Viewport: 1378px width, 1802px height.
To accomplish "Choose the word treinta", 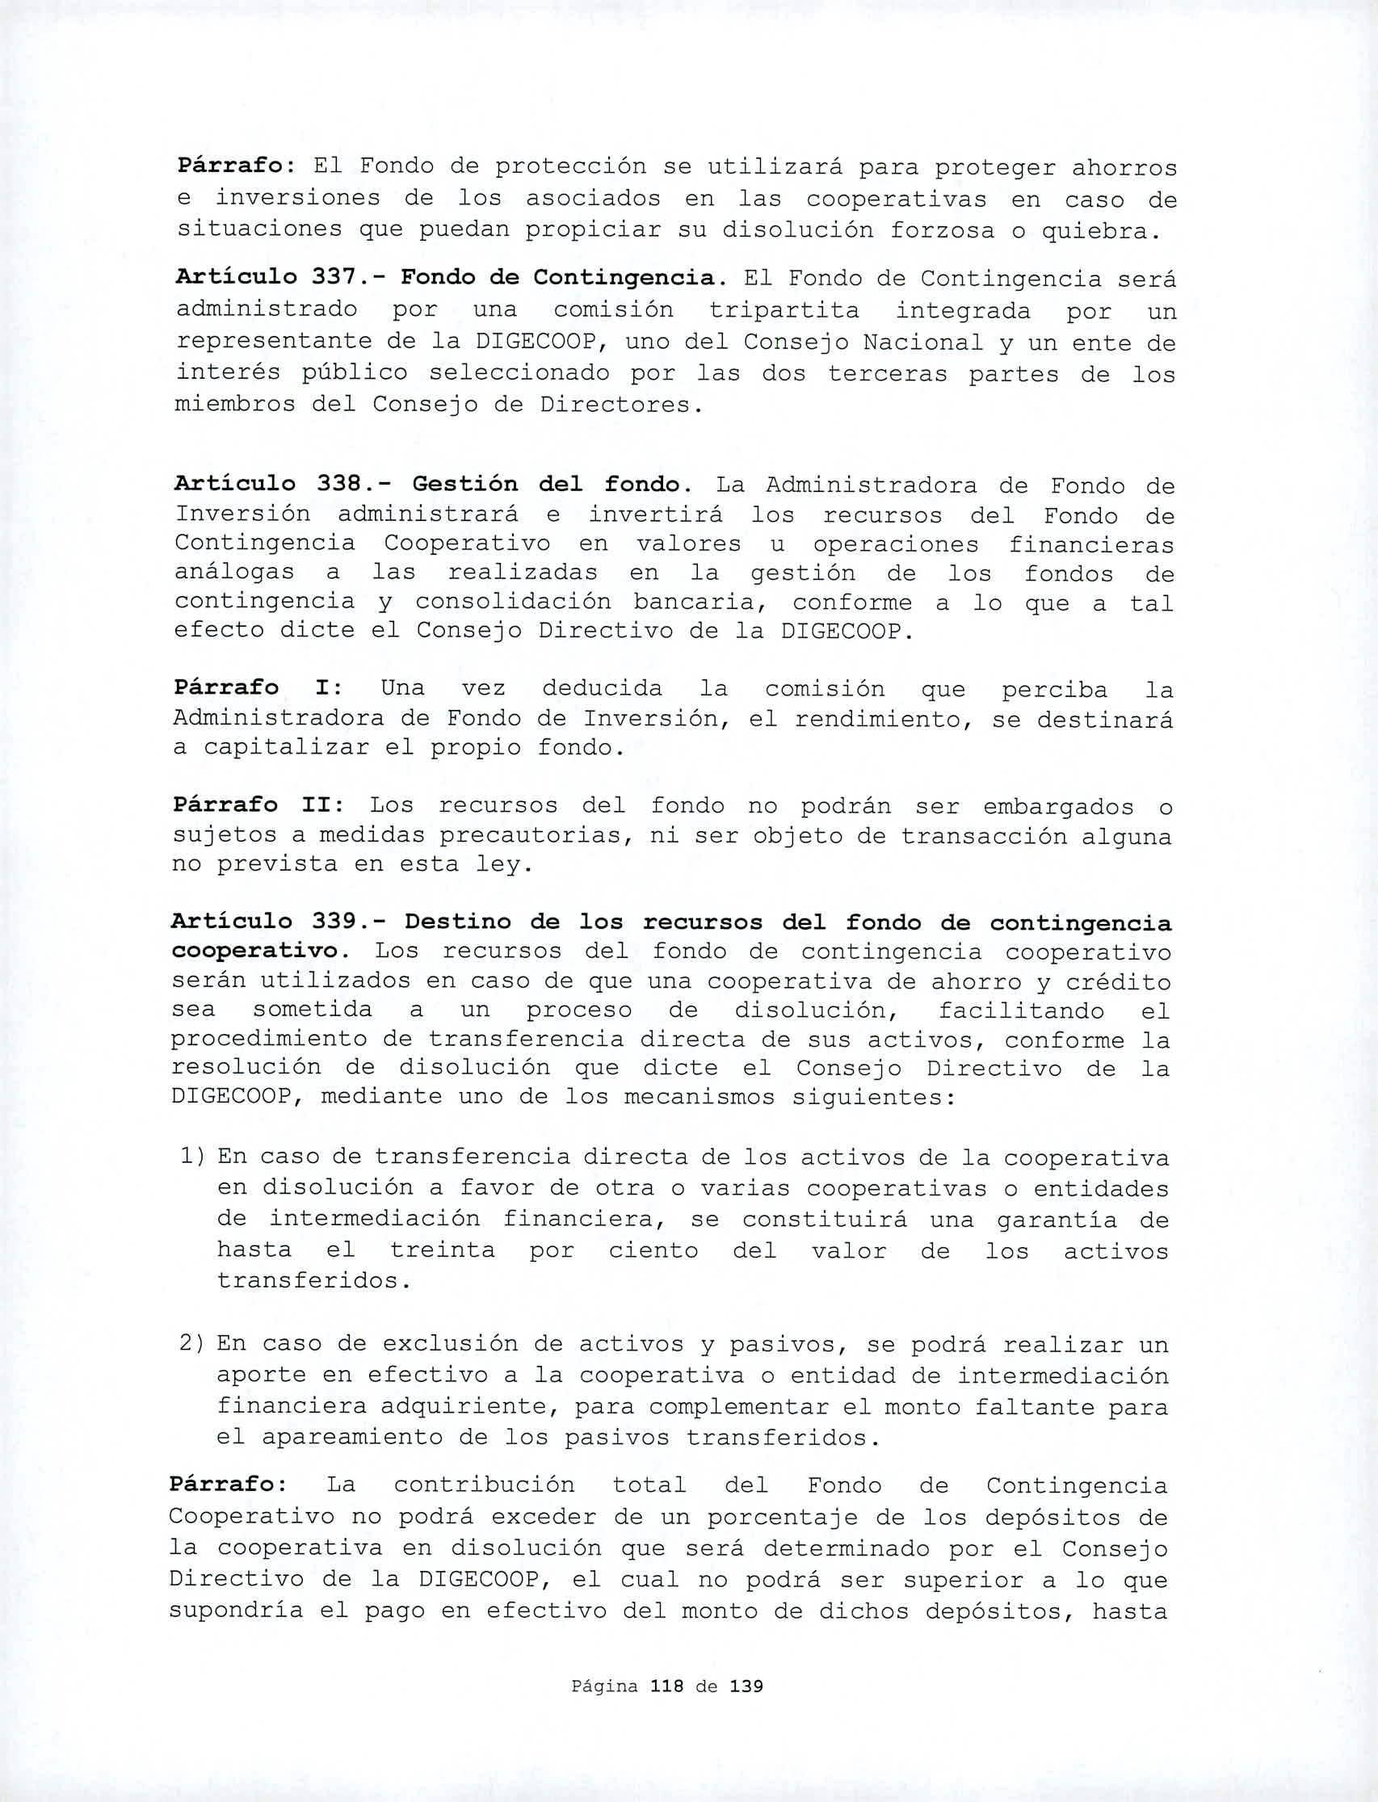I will [x=442, y=1250].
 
